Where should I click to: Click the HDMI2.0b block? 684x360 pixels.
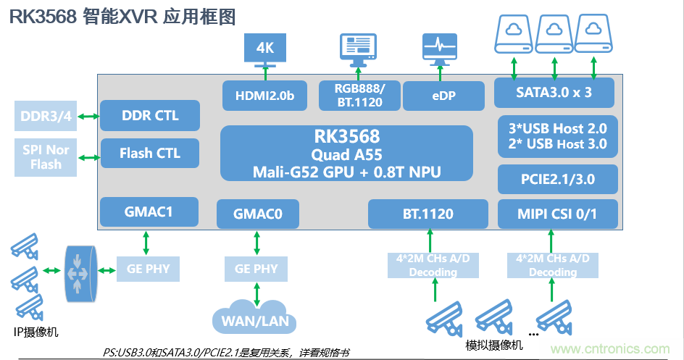[x=265, y=96]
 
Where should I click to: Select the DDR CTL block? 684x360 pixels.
[x=150, y=116]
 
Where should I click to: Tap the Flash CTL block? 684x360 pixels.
[x=150, y=153]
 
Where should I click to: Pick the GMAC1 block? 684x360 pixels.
[x=150, y=212]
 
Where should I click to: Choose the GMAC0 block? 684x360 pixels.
[x=257, y=214]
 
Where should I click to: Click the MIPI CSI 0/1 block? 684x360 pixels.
[x=558, y=214]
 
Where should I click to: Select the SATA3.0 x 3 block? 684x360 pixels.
[x=554, y=93]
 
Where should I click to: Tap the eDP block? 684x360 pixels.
[x=443, y=96]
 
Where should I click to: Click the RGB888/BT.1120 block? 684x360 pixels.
[x=360, y=96]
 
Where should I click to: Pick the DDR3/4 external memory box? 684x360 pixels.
[x=46, y=117]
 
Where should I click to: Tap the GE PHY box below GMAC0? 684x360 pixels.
[x=256, y=269]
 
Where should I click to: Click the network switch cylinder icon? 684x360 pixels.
[x=79, y=274]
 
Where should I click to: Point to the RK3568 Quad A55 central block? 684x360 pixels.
[x=346, y=153]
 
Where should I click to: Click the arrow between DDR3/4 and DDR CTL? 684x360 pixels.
[x=89, y=117]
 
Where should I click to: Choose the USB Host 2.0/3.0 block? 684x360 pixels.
[x=558, y=135]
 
